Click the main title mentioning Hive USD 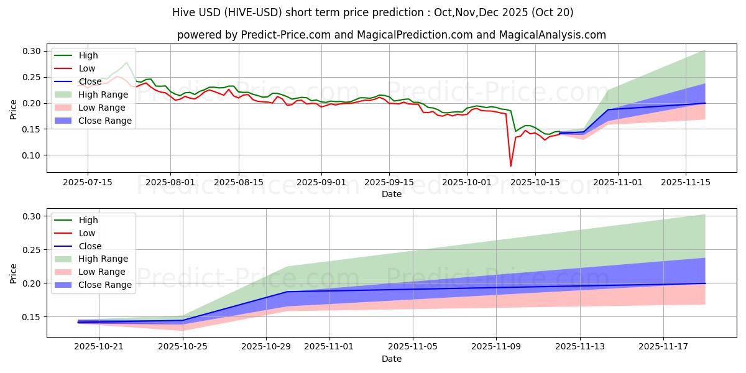point(373,12)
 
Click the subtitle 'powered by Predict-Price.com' point(392,35)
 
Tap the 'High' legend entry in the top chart point(88,55)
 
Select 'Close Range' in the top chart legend point(104,121)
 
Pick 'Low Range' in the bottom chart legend point(102,272)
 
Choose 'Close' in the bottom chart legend point(91,246)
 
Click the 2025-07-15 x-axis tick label point(87,182)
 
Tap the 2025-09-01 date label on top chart point(321,182)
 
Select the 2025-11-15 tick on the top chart point(686,182)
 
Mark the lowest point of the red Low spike point(511,166)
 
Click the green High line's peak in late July point(127,62)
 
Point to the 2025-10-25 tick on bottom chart point(182,346)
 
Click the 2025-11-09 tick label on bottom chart point(496,346)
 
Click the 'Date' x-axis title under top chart point(392,194)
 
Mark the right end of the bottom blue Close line point(705,283)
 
